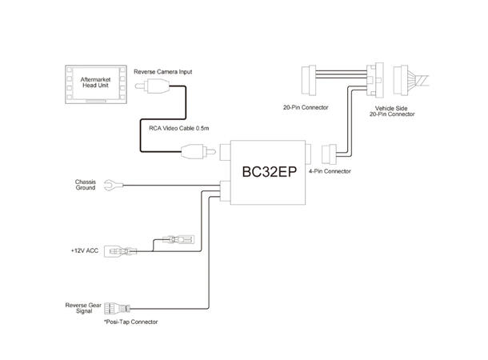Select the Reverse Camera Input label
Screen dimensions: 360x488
point(162,72)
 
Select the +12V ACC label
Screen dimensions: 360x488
point(85,250)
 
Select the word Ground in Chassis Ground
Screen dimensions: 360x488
point(86,189)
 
